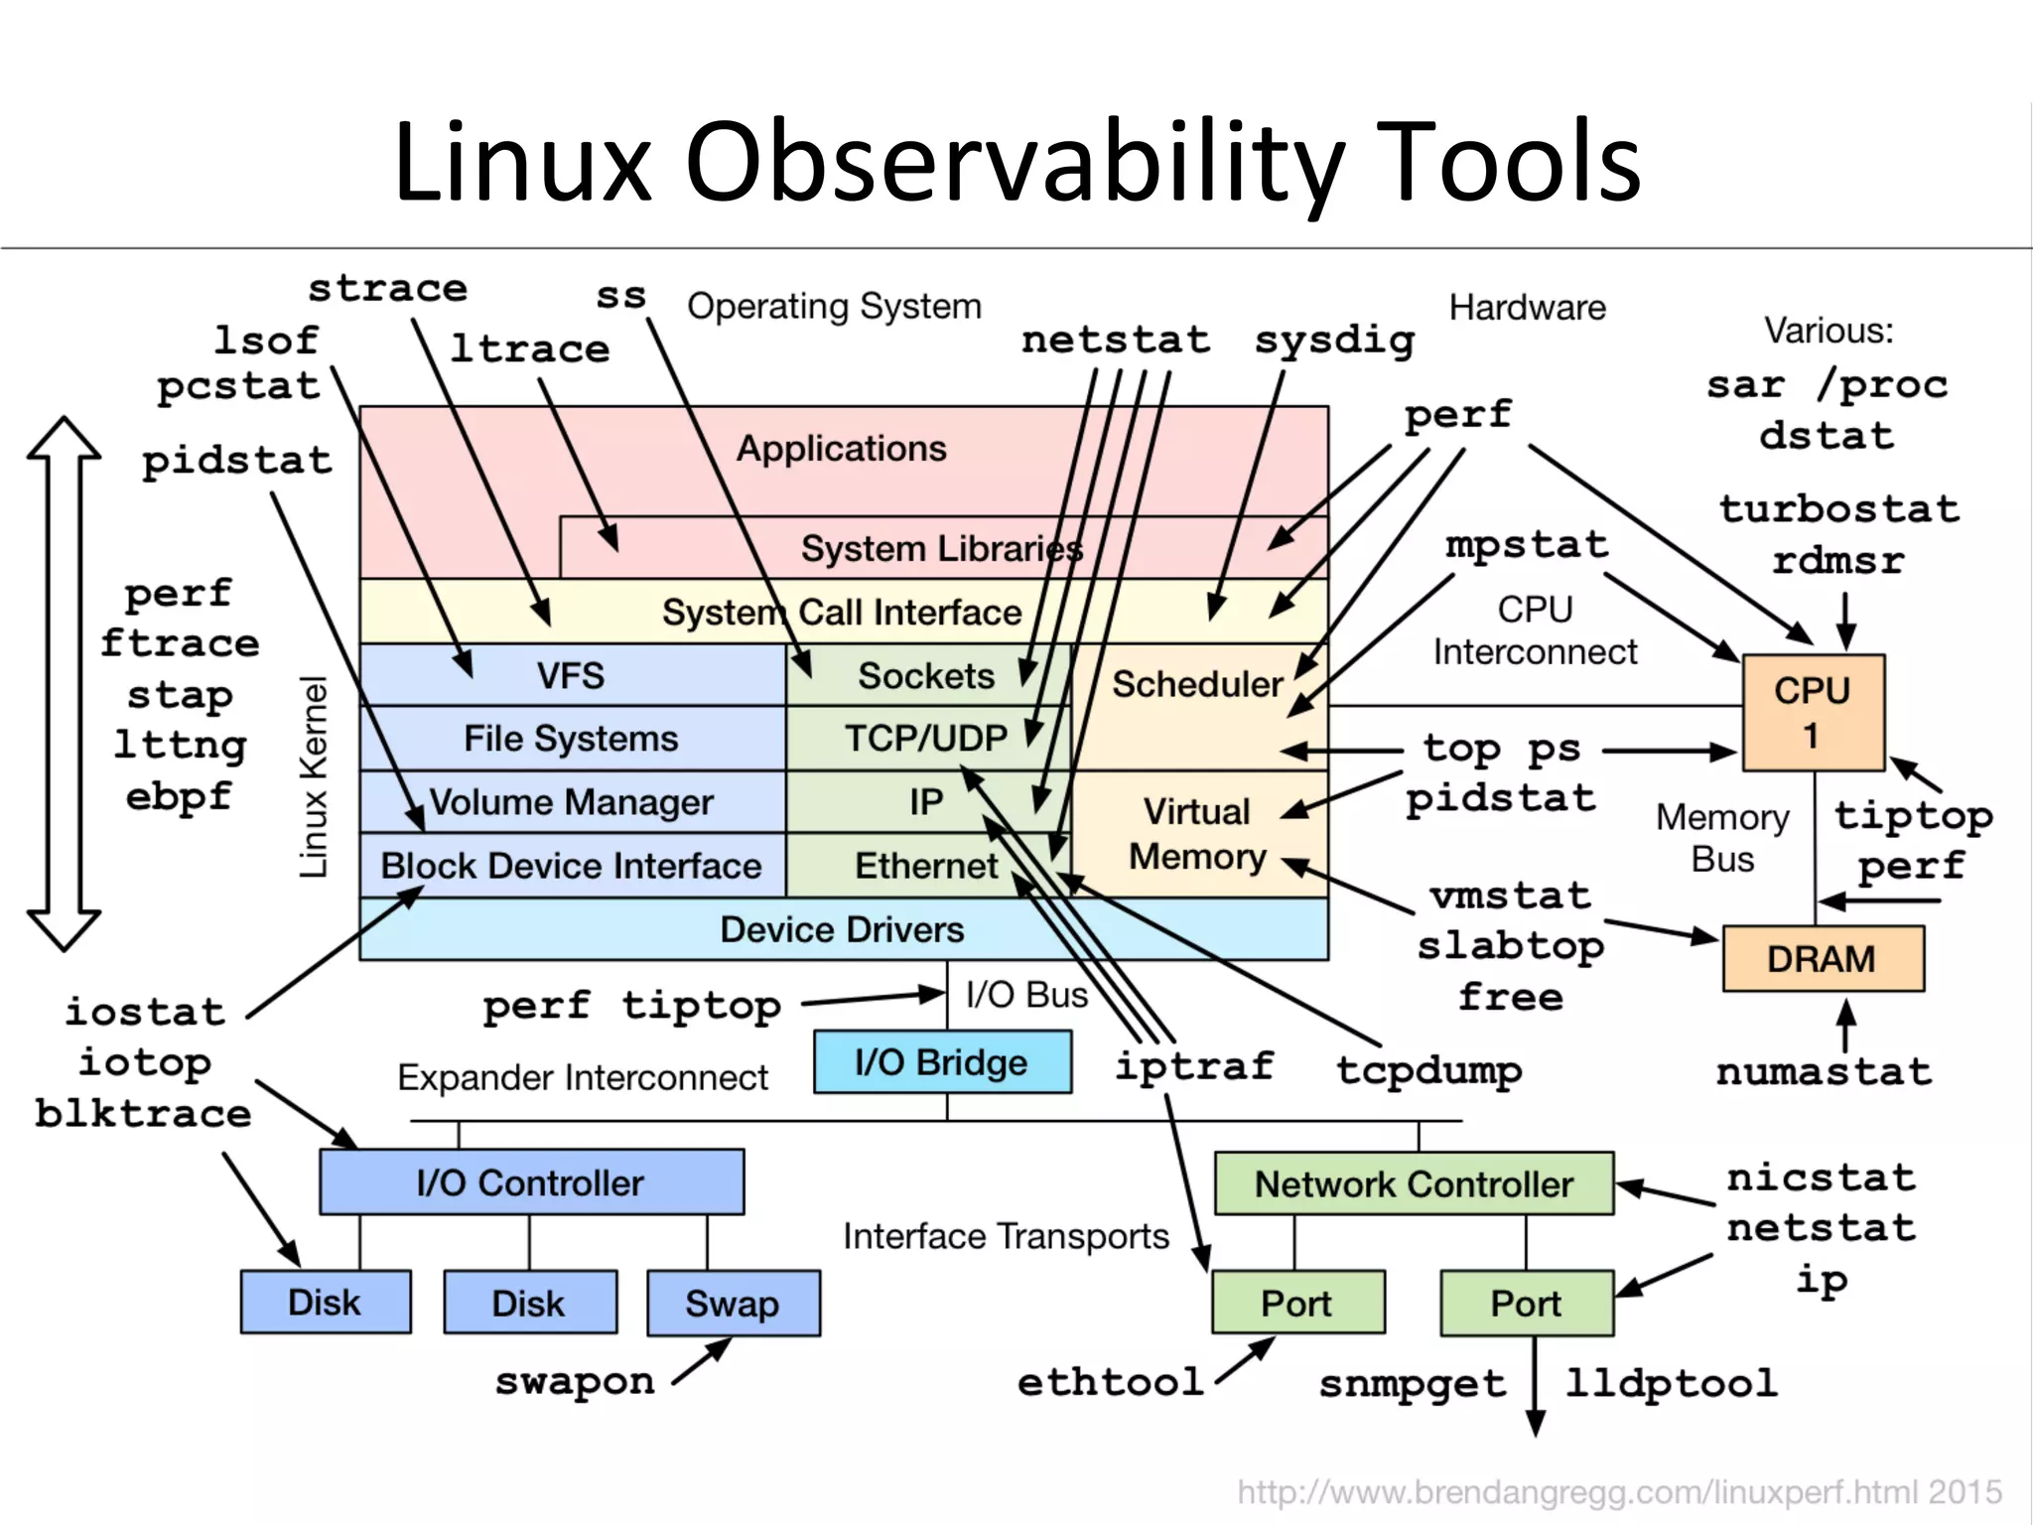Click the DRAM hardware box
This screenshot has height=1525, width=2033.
pos(1823,959)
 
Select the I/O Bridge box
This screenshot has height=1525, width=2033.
pos(942,1062)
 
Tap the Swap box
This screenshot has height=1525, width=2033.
pos(733,1303)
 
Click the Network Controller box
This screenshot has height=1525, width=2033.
pos(1414,1183)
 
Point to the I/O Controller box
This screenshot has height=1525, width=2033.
pos(531,1182)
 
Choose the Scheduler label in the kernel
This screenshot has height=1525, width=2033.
pos(1197,684)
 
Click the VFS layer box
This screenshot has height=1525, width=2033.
pos(571,675)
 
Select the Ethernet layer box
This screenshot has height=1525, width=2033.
pos(925,866)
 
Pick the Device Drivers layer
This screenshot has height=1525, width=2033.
pos(842,929)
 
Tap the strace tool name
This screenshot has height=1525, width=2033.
pos(387,289)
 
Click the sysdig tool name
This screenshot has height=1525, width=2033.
pos(1334,341)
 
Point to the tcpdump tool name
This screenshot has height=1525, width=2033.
pos(1428,1070)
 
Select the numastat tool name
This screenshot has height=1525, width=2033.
pos(1824,1072)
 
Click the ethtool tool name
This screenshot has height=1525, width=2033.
pos(1110,1382)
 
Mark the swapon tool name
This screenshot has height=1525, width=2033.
pos(575,1381)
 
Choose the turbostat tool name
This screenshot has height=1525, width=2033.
pos(1839,509)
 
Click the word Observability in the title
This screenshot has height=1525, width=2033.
pos(1015,162)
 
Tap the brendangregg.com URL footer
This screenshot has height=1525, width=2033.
pos(1619,1492)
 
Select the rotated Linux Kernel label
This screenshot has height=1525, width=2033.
pos(314,776)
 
